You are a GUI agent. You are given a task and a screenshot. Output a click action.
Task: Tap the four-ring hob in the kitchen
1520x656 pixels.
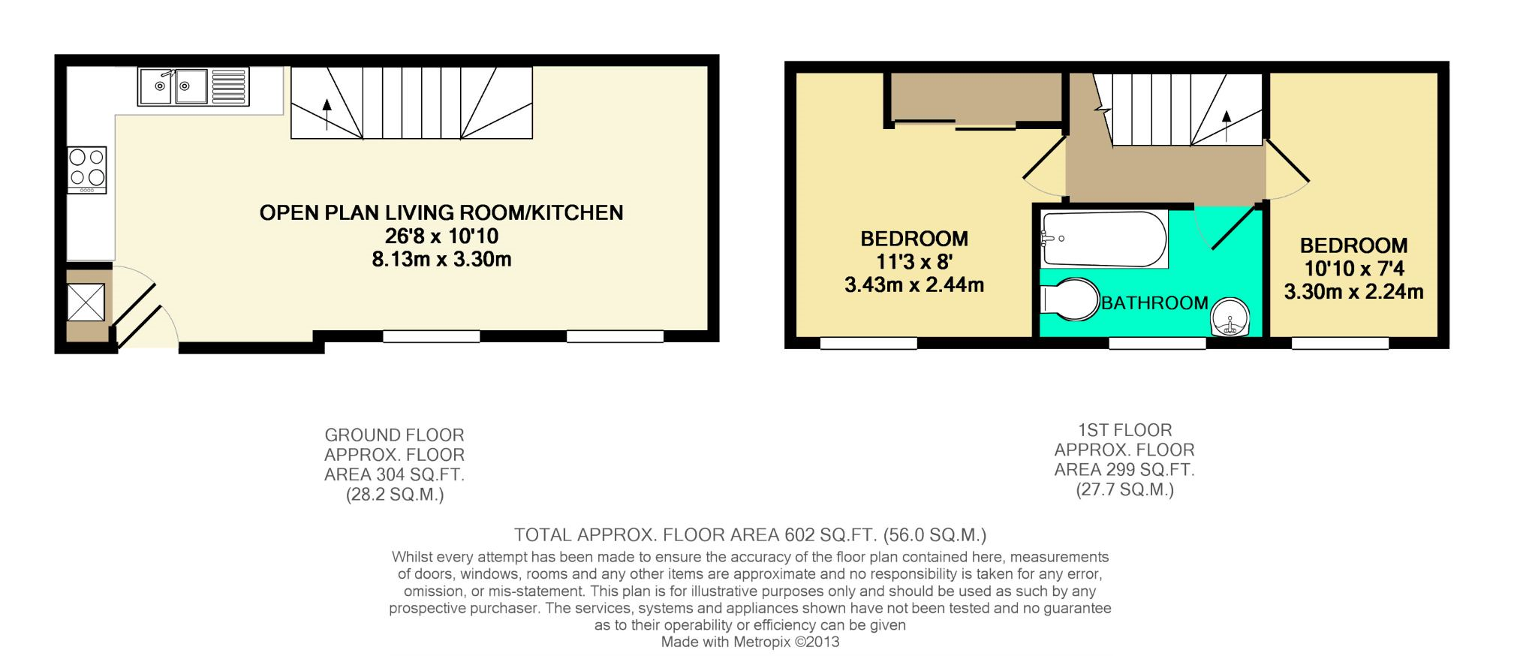point(87,168)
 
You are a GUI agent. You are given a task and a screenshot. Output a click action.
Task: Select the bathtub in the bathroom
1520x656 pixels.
point(1103,239)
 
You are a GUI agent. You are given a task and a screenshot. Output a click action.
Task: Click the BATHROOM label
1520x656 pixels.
point(1154,303)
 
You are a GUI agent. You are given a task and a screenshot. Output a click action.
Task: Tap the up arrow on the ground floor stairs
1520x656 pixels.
point(327,113)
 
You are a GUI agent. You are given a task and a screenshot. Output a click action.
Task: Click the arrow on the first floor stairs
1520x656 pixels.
point(1227,125)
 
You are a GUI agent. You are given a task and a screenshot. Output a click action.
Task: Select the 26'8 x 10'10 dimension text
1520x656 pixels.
point(441,236)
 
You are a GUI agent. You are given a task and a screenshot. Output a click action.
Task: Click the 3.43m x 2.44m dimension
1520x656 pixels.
point(914,285)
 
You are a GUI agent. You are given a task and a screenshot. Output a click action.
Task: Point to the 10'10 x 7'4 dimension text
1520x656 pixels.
point(1354,268)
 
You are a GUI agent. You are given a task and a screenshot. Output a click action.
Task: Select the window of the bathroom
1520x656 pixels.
point(1157,343)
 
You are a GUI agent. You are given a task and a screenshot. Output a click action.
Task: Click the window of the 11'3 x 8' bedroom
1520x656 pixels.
point(868,343)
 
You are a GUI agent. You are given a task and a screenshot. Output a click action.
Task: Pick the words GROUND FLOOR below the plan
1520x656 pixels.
point(394,435)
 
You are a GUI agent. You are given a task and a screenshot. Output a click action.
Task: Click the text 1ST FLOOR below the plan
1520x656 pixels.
point(1124,431)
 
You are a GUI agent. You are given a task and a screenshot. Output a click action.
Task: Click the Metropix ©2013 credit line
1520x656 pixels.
point(750,642)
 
